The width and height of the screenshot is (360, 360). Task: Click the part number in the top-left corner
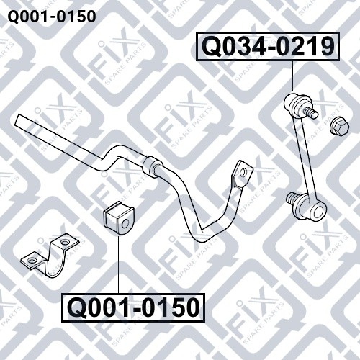[52, 17]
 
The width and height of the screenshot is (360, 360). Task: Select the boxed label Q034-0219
[269, 47]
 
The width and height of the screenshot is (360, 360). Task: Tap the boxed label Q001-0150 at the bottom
[133, 307]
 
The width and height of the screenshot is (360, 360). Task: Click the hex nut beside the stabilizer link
[339, 126]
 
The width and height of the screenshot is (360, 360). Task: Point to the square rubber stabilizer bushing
[118, 219]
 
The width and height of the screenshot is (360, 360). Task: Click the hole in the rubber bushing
[125, 224]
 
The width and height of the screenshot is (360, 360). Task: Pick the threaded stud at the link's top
[312, 112]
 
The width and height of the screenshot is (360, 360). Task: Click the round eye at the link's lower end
[316, 212]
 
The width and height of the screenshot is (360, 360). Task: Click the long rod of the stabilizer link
[305, 160]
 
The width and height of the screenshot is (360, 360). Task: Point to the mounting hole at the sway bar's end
[243, 172]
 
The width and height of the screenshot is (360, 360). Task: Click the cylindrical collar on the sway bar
[152, 167]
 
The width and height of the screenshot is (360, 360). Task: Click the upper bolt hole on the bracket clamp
[64, 242]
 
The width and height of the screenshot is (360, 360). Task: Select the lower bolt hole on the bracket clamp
[32, 260]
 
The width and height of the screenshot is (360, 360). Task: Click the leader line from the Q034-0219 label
[293, 76]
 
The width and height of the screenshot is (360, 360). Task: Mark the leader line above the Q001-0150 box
[118, 264]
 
